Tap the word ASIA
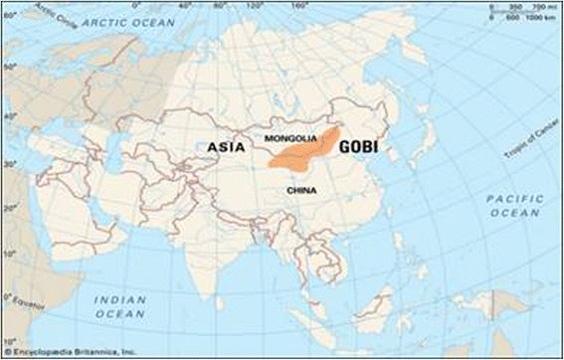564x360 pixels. pyautogui.click(x=226, y=148)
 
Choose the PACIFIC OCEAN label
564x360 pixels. pyautogui.click(x=515, y=206)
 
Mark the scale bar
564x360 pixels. pyautogui.click(x=516, y=11)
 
